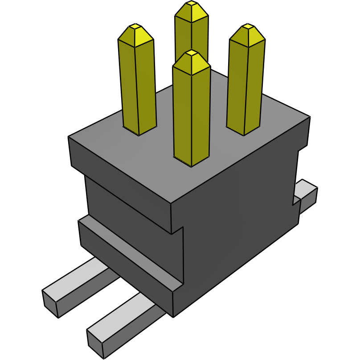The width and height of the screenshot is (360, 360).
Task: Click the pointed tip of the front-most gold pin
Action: [x=192, y=53]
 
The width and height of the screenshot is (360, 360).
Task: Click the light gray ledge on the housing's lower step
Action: [x=134, y=254]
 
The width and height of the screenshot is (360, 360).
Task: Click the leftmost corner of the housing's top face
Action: [x=69, y=137]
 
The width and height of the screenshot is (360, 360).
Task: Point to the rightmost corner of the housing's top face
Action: [x=310, y=117]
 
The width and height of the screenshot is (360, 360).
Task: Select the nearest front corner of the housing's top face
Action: [x=172, y=205]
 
